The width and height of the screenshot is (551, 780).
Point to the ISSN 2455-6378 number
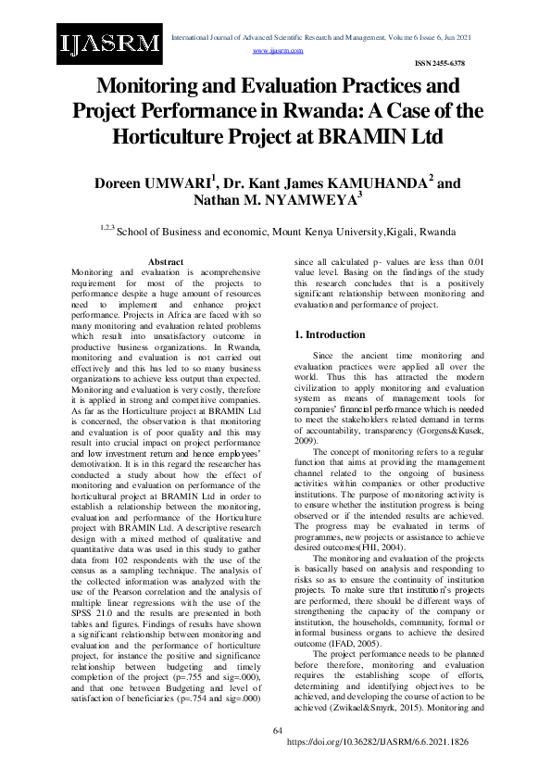coord(439,63)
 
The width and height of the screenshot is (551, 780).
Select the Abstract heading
coord(166,263)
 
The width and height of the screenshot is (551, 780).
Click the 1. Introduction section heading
coord(329,334)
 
